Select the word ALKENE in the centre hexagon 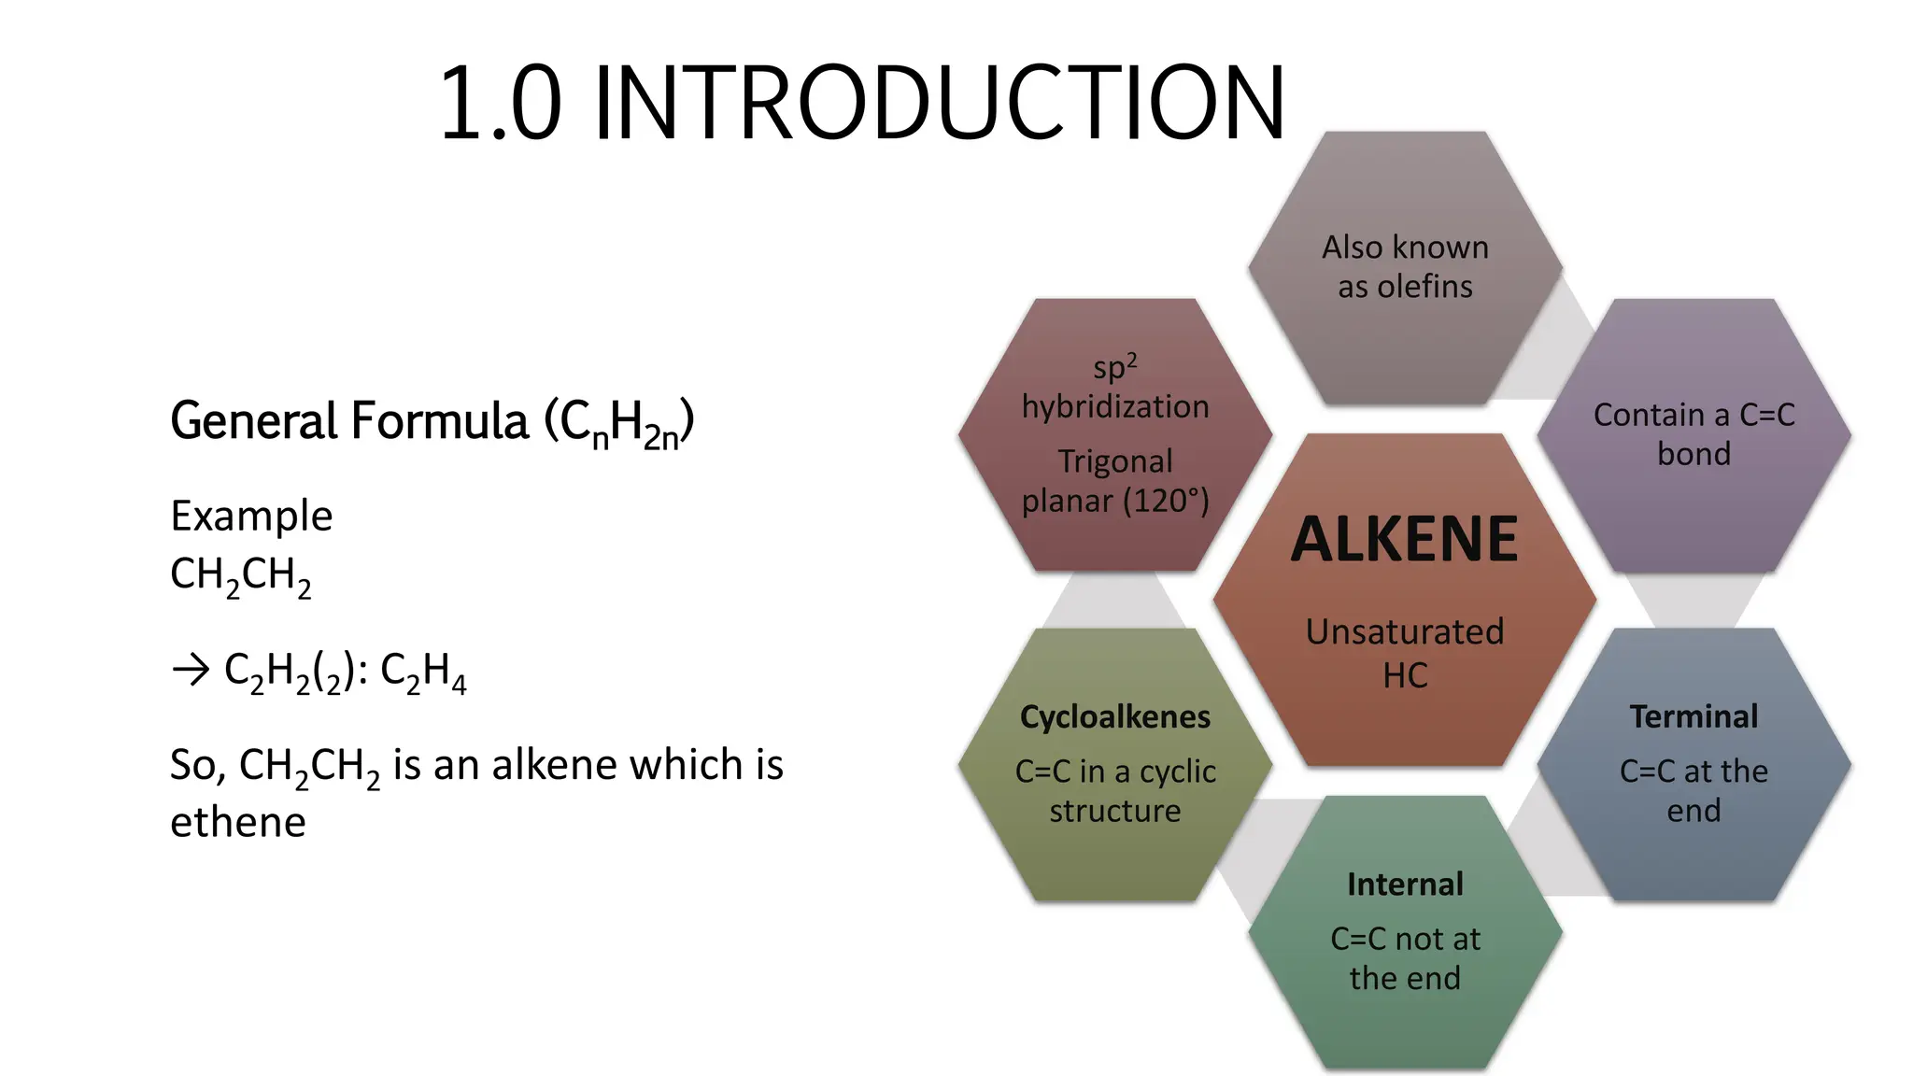[x=1405, y=539]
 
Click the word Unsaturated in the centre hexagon [x=1405, y=632]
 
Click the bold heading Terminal [x=1693, y=716]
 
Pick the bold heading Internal [x=1405, y=884]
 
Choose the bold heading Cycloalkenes [x=1115, y=716]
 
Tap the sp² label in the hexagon [x=1115, y=366]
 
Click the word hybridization [x=1115, y=406]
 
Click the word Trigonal [x=1115, y=461]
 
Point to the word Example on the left [x=251, y=516]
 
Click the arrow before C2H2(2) [x=191, y=670]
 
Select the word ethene [x=238, y=822]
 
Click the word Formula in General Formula [x=439, y=420]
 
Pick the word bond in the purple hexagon [x=1693, y=454]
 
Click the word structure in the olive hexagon [x=1115, y=811]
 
